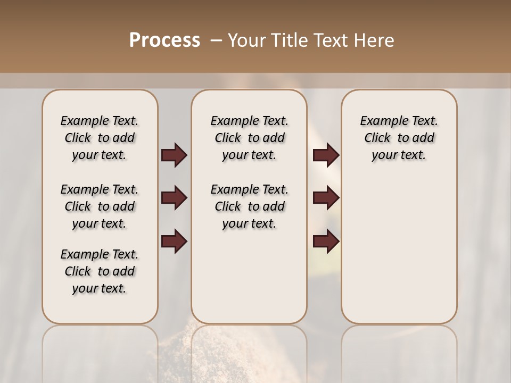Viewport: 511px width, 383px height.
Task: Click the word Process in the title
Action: tap(164, 40)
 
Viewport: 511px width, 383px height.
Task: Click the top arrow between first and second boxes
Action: tap(174, 155)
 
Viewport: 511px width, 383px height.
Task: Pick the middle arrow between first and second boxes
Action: tap(174, 198)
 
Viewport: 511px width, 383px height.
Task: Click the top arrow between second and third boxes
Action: tap(326, 155)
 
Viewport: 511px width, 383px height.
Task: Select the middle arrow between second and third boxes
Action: tap(326, 198)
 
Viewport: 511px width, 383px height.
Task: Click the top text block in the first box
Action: tap(100, 138)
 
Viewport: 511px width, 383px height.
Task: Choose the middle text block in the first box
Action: tap(100, 206)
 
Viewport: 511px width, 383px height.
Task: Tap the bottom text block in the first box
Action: tap(100, 271)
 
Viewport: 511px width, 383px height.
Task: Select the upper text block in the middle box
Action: tap(249, 138)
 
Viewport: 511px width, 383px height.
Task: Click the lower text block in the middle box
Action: tap(249, 206)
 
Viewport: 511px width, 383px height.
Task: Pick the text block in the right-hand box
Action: tap(399, 138)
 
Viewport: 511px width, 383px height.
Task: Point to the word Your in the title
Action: tap(245, 40)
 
